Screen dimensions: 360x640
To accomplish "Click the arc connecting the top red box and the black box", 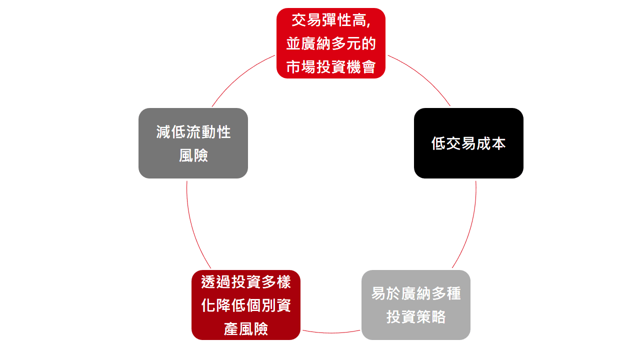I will [422, 75].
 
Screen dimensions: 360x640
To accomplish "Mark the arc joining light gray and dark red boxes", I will [331, 332].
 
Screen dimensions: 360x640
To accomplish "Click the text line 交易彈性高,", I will [331, 21].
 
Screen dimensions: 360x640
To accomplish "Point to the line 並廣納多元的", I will [331, 43].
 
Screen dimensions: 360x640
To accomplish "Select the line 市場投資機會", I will [331, 66].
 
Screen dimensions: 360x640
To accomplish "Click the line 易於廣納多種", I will [416, 293].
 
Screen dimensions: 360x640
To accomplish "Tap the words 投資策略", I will [416, 316].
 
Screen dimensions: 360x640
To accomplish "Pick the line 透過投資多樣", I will [246, 282].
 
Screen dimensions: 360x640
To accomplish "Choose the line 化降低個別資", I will [246, 305].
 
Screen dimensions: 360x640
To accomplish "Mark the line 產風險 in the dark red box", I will [246, 328].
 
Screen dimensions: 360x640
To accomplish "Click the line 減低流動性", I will [193, 132].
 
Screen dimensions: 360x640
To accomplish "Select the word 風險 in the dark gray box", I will [193, 155].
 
